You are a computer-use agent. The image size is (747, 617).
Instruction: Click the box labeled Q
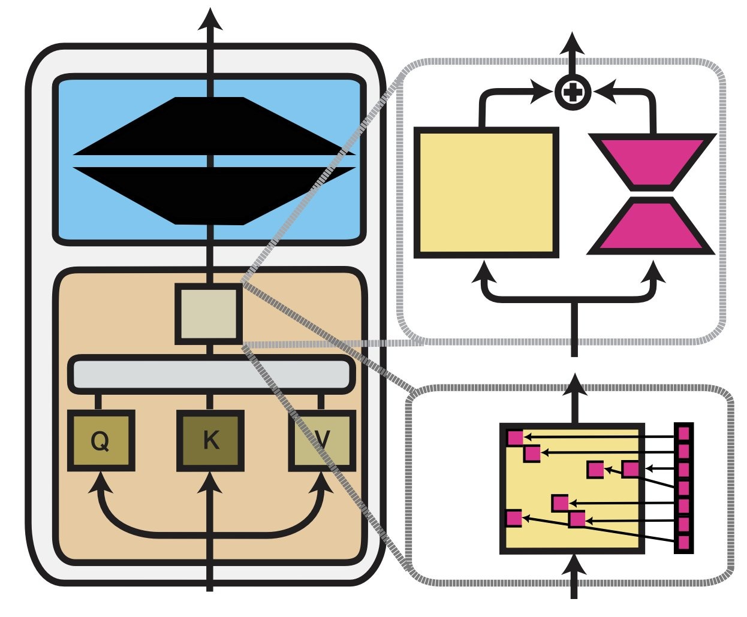[x=100, y=440]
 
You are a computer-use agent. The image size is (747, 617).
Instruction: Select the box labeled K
[x=210, y=440]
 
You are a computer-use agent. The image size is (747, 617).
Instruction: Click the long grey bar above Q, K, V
[x=210, y=374]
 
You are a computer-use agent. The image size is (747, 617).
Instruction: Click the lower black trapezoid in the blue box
[x=210, y=195]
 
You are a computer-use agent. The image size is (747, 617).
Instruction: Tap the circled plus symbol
[x=573, y=92]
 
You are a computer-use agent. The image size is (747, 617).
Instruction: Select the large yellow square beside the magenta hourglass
[x=486, y=192]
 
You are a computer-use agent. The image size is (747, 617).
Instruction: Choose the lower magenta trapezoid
[x=652, y=226]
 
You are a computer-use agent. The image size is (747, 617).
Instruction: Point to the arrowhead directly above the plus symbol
[x=573, y=45]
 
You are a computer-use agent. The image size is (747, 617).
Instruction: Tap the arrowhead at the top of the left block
[x=210, y=19]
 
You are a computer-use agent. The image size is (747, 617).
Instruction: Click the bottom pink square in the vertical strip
[x=683, y=543]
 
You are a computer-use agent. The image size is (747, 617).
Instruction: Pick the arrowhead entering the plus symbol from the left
[x=543, y=92]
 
